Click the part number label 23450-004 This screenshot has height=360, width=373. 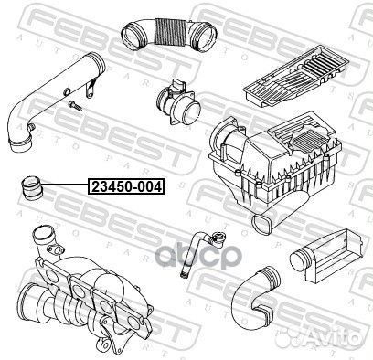tap(126, 186)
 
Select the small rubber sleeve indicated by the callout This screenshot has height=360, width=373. tap(31, 188)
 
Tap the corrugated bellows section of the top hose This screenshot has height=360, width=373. tap(169, 33)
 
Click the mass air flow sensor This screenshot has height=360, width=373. tap(178, 103)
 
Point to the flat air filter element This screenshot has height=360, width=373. tap(295, 76)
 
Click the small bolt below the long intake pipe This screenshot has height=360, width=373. tap(75, 105)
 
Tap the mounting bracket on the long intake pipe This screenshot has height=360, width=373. tap(91, 88)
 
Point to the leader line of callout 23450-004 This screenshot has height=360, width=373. tap(65, 185)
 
